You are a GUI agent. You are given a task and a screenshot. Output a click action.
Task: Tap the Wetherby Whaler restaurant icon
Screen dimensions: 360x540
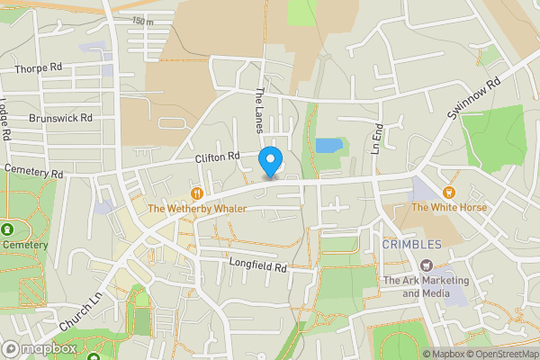(x=196, y=193)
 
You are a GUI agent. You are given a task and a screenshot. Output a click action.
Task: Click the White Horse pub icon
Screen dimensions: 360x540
(x=448, y=193)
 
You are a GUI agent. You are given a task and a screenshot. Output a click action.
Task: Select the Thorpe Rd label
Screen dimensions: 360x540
(x=38, y=68)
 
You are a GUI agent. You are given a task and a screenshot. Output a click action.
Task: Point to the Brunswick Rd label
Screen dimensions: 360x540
(x=60, y=118)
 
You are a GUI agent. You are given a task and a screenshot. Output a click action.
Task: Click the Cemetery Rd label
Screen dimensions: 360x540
(x=33, y=170)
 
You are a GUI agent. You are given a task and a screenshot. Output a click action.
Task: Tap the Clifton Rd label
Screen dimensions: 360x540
(x=218, y=157)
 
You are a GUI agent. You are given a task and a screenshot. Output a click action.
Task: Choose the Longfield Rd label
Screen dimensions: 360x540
(x=257, y=267)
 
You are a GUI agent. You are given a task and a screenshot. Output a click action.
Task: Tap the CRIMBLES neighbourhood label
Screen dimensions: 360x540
(x=411, y=244)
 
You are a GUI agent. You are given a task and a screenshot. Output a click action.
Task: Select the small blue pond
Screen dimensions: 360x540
(x=328, y=145)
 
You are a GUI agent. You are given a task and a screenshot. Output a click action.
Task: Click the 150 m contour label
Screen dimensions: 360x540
(x=142, y=21)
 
